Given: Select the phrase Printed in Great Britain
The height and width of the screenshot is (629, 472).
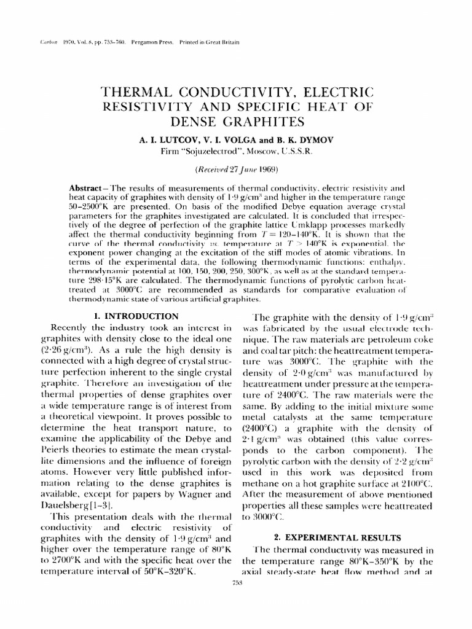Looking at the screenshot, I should (x=209, y=42).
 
